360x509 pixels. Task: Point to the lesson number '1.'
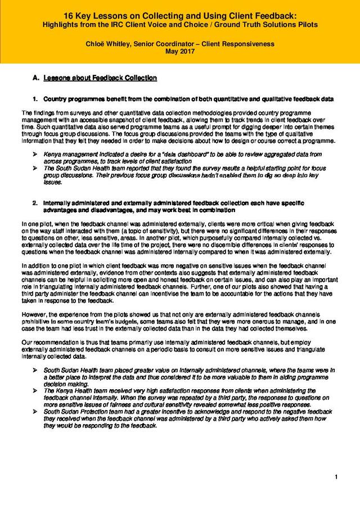(35, 99)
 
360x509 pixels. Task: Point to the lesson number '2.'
(35, 202)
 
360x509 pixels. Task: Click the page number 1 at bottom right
(336, 478)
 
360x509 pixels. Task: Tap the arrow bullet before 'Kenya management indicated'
(35, 154)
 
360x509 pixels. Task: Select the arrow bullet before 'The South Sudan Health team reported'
(35, 168)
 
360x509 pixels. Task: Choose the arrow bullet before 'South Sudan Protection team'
(35, 411)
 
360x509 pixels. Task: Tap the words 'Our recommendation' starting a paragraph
(45, 343)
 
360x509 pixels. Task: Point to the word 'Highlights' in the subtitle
(62, 25)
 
